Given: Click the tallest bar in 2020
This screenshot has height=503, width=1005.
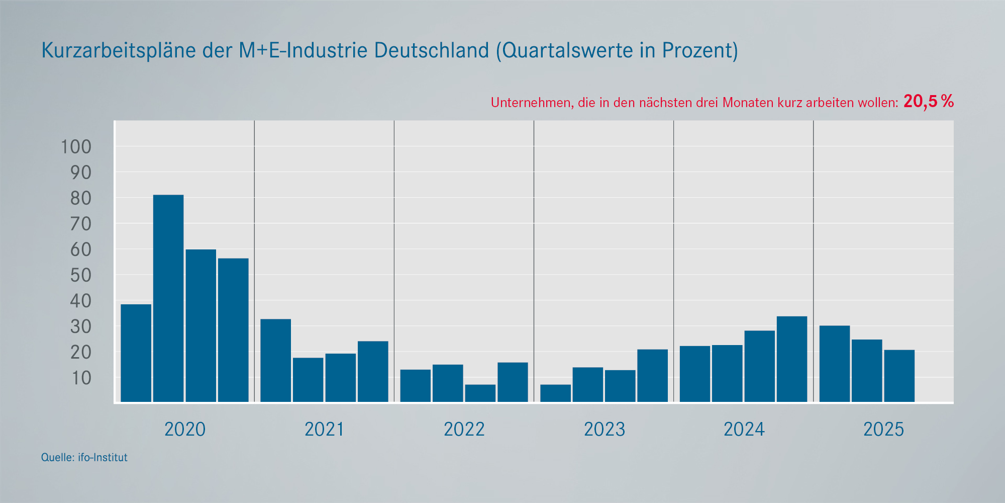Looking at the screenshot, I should (x=168, y=298).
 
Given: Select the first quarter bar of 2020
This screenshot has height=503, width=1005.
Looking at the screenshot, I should (x=136, y=353).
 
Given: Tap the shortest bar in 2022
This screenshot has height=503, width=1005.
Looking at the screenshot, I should (x=480, y=393).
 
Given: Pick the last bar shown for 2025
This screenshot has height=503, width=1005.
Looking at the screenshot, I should (x=899, y=376).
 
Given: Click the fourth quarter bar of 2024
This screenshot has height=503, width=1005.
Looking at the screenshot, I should (x=791, y=359).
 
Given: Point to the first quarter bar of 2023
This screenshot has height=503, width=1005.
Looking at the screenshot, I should (x=555, y=393).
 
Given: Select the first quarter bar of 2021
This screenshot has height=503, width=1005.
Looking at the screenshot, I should (x=275, y=360).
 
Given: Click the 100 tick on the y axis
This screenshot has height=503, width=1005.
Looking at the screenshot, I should (x=76, y=147).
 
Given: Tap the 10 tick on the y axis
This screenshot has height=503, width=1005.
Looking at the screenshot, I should (x=81, y=378).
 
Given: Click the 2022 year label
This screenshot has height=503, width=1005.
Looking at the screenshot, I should (x=464, y=430).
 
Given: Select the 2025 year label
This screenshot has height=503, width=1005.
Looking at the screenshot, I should (x=883, y=430).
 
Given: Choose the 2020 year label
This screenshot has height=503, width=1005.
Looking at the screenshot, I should (x=185, y=430).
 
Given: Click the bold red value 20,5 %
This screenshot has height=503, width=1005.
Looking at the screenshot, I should (x=928, y=102).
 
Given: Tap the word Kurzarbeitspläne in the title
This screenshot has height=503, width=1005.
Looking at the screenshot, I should (x=119, y=50).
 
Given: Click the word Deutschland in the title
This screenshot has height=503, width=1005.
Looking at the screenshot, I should (x=431, y=50).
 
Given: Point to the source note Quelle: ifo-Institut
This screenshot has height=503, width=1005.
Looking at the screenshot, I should (x=84, y=458).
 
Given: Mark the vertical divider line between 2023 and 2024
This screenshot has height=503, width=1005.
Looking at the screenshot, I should (x=673, y=262).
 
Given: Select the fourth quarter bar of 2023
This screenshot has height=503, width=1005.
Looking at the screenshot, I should (x=652, y=376).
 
